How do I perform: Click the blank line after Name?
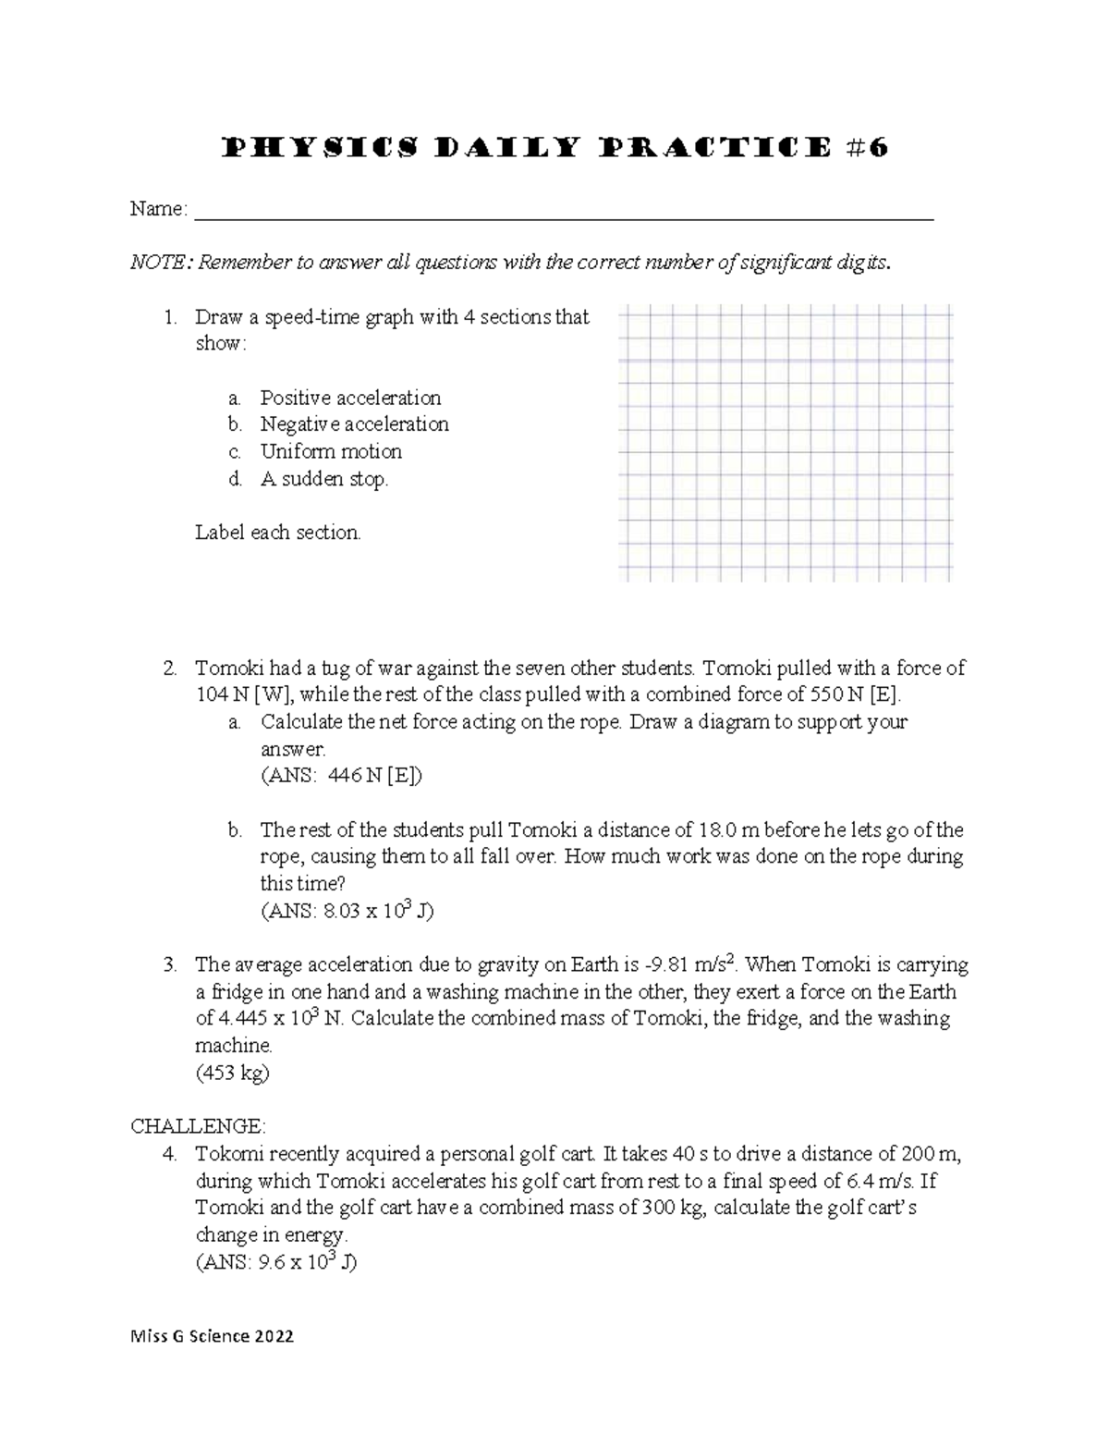tap(563, 213)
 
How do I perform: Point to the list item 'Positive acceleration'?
tap(350, 399)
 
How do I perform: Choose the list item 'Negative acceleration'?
tap(354, 424)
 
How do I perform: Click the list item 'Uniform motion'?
tap(331, 452)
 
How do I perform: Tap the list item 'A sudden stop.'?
tap(324, 479)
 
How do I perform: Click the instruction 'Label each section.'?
tap(277, 533)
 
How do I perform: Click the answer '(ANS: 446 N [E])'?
tap(341, 777)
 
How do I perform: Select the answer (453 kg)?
tap(232, 1074)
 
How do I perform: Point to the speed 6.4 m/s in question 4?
tap(873, 1181)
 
